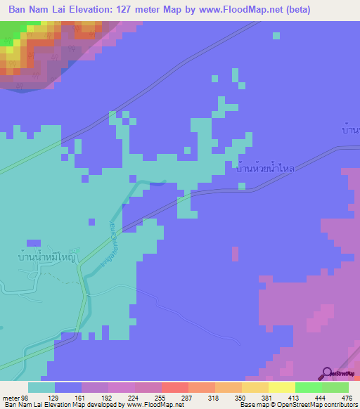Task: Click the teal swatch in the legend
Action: (41, 387)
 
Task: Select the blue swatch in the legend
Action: (68, 387)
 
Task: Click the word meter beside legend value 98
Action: (8, 397)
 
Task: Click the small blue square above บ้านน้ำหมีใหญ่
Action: (54, 242)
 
